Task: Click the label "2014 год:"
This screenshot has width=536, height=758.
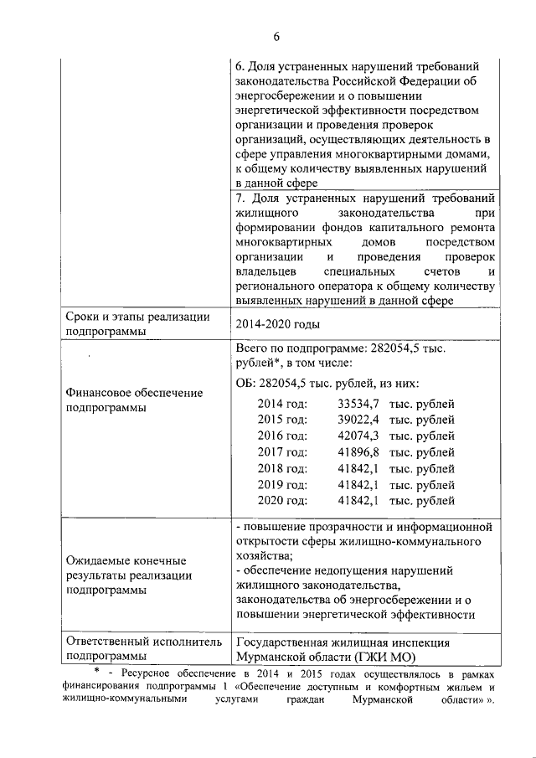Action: coord(282,404)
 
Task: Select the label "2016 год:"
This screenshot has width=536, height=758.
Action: coord(282,436)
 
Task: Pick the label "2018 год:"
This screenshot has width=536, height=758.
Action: coord(282,468)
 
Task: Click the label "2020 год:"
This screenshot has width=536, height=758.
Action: coord(282,501)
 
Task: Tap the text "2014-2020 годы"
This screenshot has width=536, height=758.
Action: coord(276,324)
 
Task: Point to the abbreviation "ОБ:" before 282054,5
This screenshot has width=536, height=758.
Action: coord(248,384)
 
